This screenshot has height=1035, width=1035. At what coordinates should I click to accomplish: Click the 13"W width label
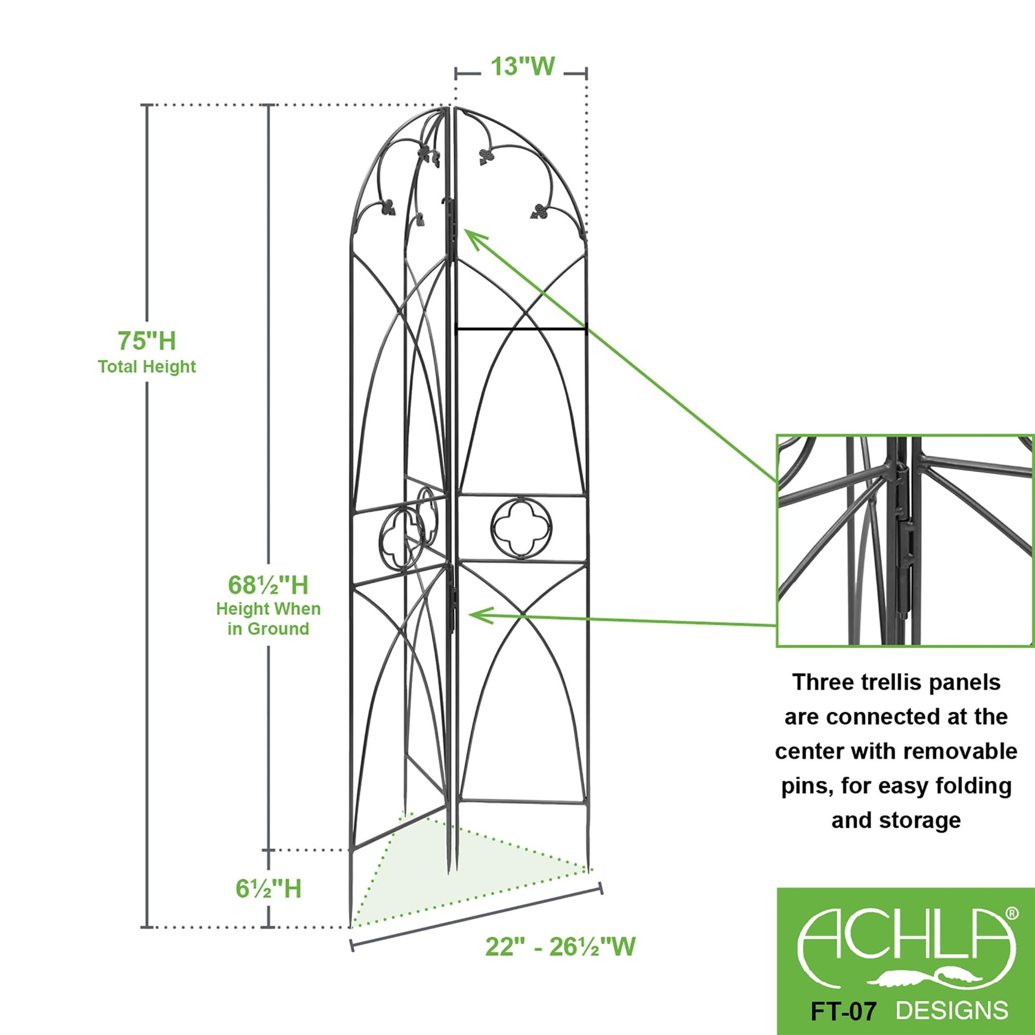[x=522, y=67]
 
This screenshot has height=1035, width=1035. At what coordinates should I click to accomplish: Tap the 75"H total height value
[x=147, y=341]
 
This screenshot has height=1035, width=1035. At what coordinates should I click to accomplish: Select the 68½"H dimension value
[x=268, y=585]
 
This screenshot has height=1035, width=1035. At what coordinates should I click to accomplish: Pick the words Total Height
[x=147, y=367]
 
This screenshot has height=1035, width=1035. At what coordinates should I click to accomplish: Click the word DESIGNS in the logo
[x=951, y=1007]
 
